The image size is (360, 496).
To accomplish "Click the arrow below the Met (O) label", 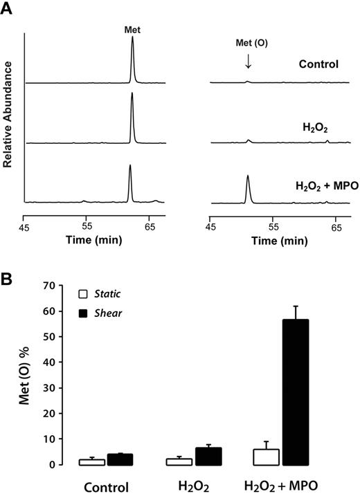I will pos(248,62).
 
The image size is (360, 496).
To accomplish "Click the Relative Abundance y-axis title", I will pos(9,113).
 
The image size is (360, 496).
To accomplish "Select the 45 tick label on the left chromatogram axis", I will pos(25,226).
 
